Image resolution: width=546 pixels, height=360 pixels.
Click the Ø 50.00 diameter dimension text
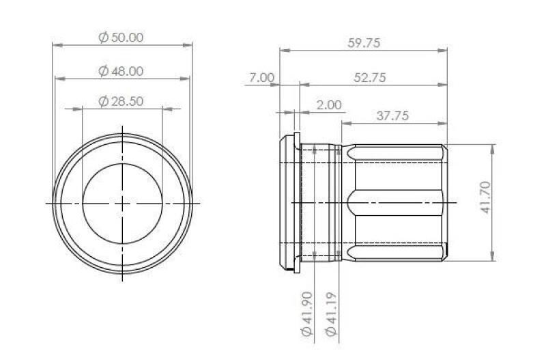pyautogui.click(x=121, y=38)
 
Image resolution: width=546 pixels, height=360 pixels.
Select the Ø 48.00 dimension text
pyautogui.click(x=121, y=70)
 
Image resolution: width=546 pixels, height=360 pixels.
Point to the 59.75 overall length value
pyautogui.click(x=363, y=42)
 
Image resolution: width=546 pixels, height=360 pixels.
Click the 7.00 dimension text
pyautogui.click(x=261, y=78)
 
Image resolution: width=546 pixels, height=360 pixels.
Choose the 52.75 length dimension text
pyautogui.click(x=369, y=78)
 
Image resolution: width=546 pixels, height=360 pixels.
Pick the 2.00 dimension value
pyautogui.click(x=328, y=105)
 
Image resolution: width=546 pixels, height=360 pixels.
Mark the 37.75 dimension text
pyautogui.click(x=392, y=116)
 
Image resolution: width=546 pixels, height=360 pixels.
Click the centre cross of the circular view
pyautogui.click(x=122, y=203)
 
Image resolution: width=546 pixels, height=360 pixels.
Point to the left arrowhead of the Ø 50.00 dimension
pyautogui.click(x=56, y=45)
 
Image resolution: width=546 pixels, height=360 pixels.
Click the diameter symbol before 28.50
pyautogui.click(x=103, y=101)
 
